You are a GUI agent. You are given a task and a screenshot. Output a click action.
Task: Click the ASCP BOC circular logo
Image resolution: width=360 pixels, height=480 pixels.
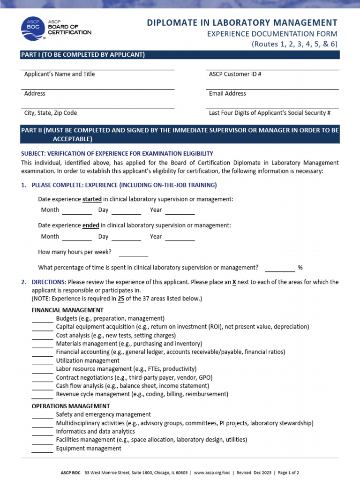point(33,30)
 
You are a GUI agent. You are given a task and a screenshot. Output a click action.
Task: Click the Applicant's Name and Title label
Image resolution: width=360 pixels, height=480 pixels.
point(59,74)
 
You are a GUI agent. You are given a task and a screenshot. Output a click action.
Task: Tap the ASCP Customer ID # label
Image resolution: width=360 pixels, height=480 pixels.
point(235,74)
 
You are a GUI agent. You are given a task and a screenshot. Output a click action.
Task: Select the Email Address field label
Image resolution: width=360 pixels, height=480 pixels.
point(227,93)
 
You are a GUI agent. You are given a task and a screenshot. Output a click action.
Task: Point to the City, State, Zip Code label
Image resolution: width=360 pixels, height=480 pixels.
point(51,113)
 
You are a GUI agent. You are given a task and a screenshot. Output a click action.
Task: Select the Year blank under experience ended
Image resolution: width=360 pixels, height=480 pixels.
point(180,237)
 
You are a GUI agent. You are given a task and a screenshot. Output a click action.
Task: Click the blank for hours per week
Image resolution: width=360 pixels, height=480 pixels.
point(134,253)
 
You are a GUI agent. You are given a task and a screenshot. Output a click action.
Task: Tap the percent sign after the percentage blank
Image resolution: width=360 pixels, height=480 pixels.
point(300,268)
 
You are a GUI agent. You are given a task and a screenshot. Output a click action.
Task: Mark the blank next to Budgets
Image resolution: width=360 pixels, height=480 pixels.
point(42,319)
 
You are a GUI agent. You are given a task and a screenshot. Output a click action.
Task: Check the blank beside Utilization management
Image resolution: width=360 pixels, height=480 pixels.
point(42,361)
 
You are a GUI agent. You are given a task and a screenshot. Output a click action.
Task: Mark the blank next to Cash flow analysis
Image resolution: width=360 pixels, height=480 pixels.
point(42,387)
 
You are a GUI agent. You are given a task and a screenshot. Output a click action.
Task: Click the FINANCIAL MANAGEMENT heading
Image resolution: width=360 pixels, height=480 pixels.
point(67,310)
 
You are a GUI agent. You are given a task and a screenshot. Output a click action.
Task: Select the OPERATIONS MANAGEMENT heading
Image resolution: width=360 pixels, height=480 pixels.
point(70,406)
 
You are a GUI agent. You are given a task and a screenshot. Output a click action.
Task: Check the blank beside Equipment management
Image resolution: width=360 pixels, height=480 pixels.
point(42,449)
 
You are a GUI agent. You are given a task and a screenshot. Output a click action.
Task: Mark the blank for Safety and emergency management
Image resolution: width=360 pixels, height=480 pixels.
point(42,415)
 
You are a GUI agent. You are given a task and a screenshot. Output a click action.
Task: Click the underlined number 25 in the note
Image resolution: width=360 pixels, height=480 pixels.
point(121,298)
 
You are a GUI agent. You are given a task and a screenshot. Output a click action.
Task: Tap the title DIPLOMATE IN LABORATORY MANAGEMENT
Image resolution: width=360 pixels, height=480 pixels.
point(242,22)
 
